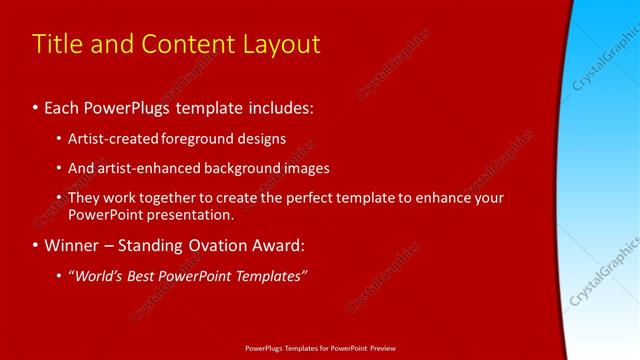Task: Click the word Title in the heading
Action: coord(57,45)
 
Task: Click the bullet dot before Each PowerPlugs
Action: coord(36,106)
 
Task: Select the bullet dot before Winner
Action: coord(36,245)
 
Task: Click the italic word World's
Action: coord(100,276)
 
